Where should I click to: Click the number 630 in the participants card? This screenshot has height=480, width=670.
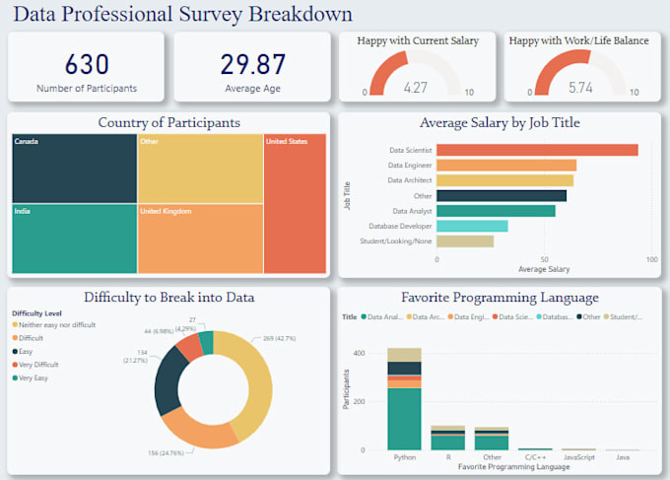[87, 64]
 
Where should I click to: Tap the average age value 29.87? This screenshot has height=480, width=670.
[253, 64]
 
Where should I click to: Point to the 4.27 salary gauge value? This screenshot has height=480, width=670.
[416, 87]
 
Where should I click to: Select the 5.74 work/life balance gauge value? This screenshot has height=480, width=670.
[581, 87]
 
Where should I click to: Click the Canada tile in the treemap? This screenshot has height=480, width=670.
[74, 168]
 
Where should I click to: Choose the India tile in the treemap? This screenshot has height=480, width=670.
[74, 238]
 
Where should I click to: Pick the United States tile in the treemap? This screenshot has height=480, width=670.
[295, 203]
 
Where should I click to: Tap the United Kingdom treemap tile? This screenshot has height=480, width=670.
[200, 238]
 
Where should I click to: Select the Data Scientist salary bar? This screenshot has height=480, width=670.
[537, 150]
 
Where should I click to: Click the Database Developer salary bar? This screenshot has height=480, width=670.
[472, 226]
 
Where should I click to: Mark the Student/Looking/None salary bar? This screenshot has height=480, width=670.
[465, 240]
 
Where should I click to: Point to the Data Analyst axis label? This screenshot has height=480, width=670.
[412, 211]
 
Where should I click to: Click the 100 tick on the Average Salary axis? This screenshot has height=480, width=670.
[652, 259]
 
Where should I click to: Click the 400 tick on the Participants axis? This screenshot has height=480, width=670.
[360, 353]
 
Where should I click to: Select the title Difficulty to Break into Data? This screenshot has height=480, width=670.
[169, 297]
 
